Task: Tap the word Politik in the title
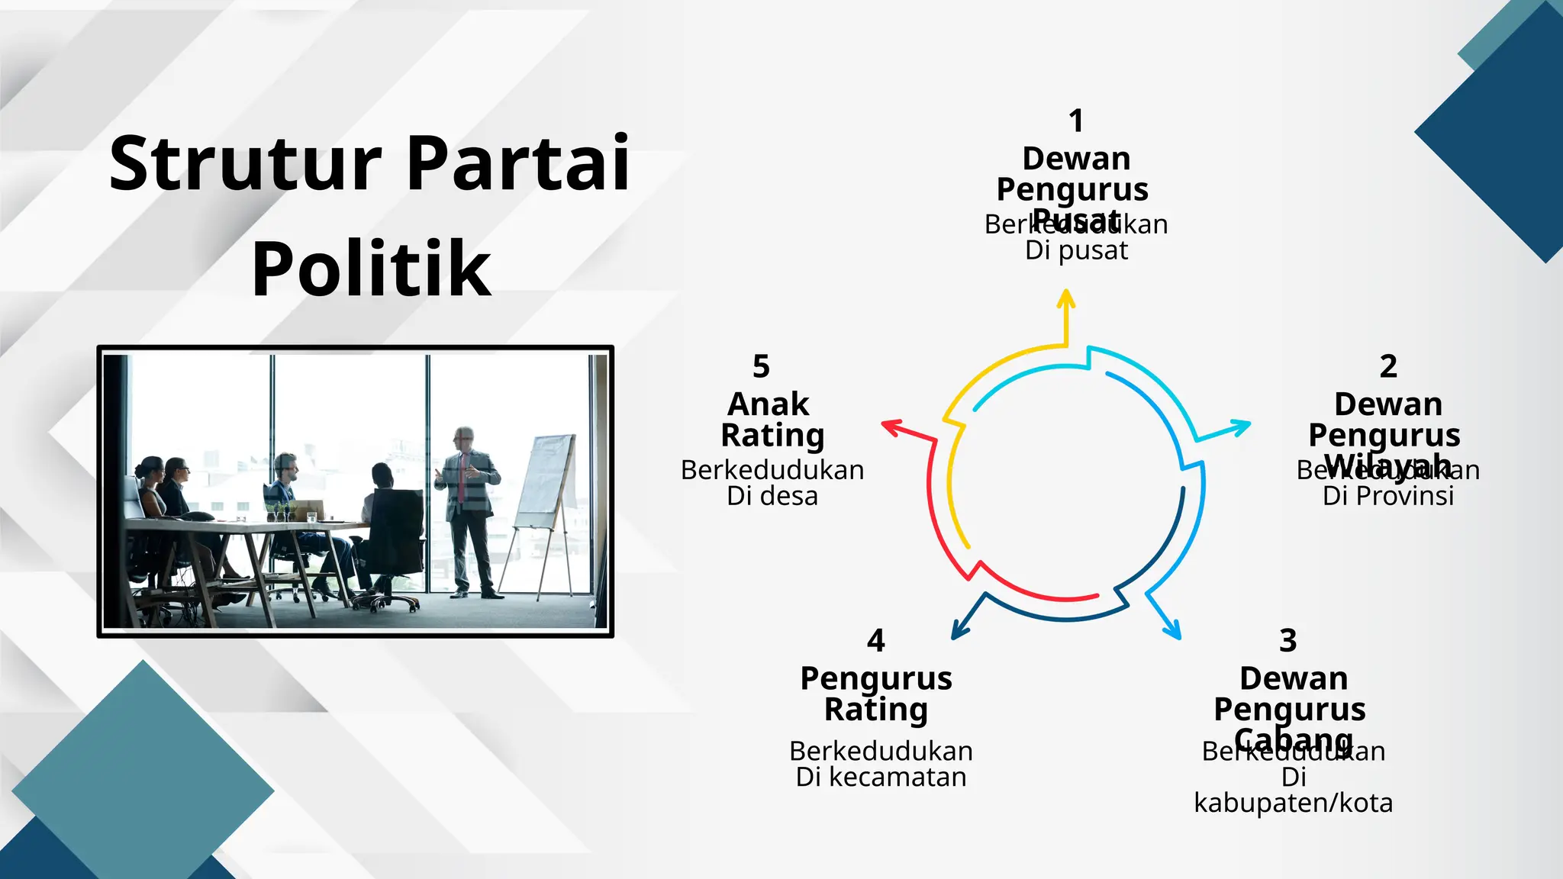point(371,269)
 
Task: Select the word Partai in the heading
point(517,164)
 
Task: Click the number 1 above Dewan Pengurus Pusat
point(1076,121)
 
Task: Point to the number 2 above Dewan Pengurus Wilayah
point(1388,366)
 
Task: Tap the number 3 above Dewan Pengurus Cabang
point(1288,640)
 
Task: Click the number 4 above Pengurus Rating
point(876,640)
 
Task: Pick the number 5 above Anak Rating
point(761,366)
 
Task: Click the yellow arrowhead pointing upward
point(1066,300)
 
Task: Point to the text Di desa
point(772,496)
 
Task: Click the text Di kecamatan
point(881,777)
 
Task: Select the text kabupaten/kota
point(1293,803)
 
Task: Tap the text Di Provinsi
point(1388,496)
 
